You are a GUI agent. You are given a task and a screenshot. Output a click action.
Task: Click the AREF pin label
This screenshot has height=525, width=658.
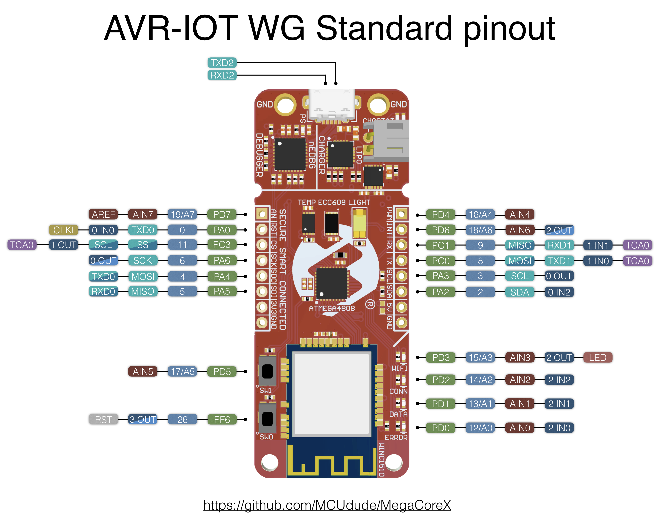(103, 214)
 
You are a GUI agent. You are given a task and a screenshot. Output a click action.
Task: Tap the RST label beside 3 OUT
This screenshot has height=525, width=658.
(103, 419)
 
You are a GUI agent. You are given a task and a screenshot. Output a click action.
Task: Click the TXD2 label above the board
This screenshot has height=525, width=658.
(222, 63)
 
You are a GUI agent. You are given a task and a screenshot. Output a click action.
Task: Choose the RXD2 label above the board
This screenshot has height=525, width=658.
(222, 75)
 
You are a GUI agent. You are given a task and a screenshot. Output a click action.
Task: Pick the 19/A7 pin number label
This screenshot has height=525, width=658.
(182, 214)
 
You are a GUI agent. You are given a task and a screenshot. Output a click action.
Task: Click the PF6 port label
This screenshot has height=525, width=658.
(222, 419)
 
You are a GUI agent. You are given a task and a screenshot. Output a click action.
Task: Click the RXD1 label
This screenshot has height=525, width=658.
(559, 245)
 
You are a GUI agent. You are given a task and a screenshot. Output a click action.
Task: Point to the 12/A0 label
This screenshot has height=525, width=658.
(480, 428)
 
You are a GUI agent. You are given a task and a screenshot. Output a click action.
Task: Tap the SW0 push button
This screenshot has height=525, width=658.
(267, 418)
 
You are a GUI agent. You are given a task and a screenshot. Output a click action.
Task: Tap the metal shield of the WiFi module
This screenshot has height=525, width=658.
(332, 393)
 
